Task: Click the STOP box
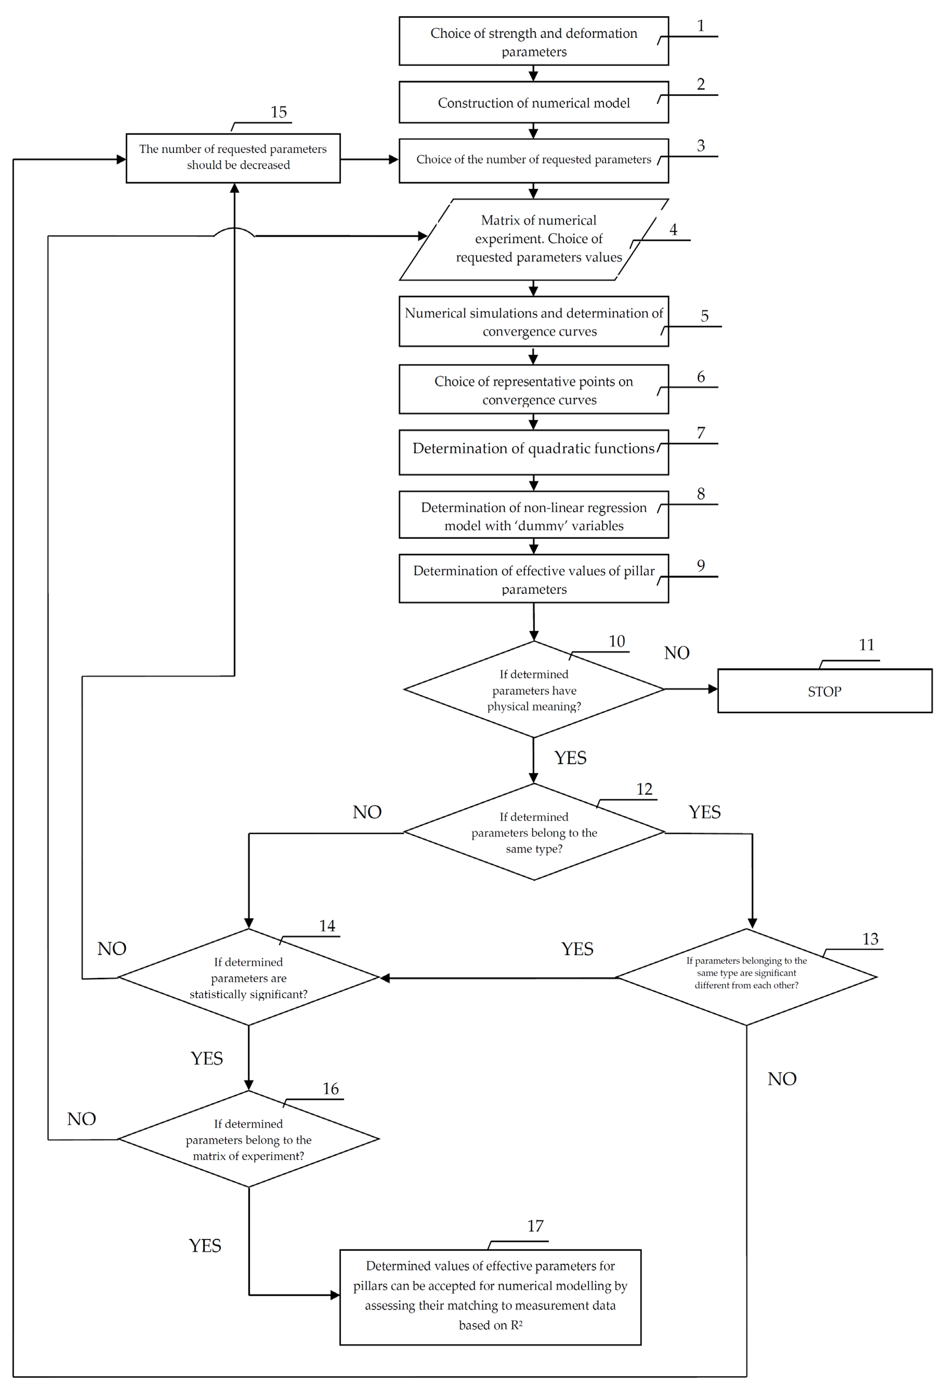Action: [x=824, y=691]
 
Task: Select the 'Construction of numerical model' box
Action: [x=533, y=102]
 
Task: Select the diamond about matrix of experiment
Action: [x=248, y=1139]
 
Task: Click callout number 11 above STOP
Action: [x=866, y=645]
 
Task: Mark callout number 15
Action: [x=278, y=112]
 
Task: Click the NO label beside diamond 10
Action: [x=677, y=652]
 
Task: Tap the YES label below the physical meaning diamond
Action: [x=570, y=758]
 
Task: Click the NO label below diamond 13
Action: [x=782, y=1078]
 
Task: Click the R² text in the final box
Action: [x=516, y=1325]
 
